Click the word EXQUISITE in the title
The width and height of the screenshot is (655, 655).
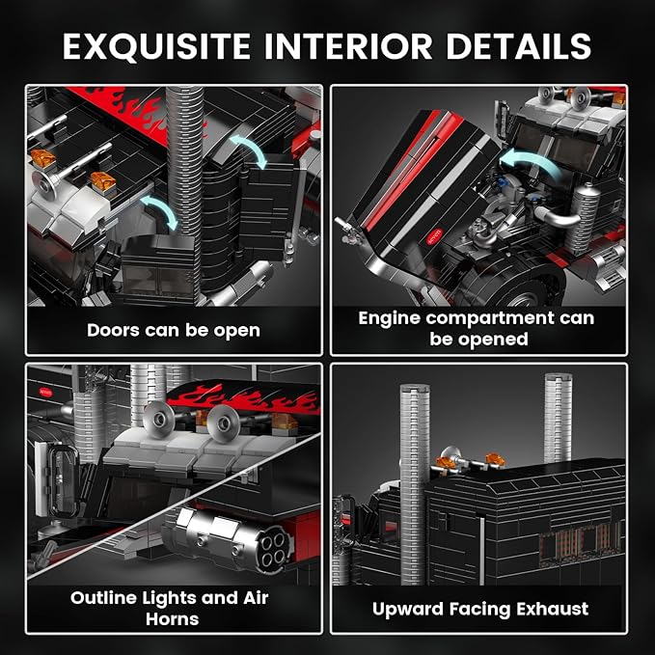click(x=156, y=46)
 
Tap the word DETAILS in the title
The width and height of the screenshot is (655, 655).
click(x=518, y=45)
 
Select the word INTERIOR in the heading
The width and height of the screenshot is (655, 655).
click(x=348, y=45)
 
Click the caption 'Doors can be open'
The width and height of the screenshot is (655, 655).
click(x=174, y=331)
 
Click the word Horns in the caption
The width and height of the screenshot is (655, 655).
click(x=172, y=618)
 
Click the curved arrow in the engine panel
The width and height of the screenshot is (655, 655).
click(x=530, y=164)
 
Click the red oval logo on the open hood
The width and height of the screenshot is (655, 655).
click(x=434, y=237)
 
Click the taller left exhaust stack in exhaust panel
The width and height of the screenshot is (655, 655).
click(x=414, y=483)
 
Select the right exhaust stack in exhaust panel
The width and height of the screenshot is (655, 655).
click(x=559, y=418)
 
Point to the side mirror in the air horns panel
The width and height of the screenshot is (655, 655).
click(x=58, y=479)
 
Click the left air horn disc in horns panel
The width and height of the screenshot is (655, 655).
click(x=159, y=420)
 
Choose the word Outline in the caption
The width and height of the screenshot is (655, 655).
click(x=104, y=598)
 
